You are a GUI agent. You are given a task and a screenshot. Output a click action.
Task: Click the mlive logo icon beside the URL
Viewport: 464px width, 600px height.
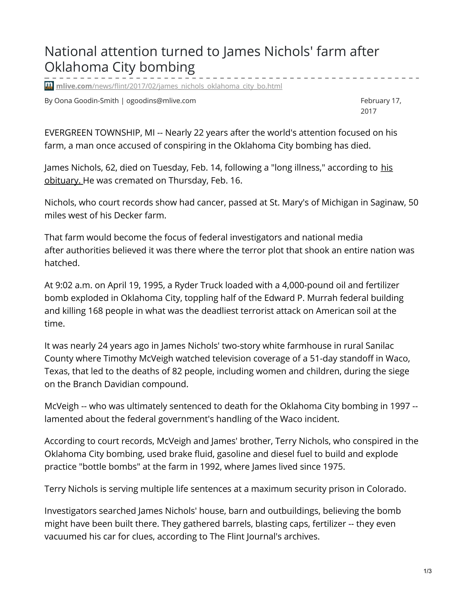coord(49,86)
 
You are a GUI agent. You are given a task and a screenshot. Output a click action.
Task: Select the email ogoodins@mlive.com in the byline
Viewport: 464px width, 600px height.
coord(161,101)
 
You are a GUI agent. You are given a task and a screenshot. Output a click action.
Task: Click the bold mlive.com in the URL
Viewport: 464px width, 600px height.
coord(74,86)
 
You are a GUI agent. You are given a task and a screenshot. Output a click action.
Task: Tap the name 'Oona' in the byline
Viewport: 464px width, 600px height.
coord(63,101)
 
